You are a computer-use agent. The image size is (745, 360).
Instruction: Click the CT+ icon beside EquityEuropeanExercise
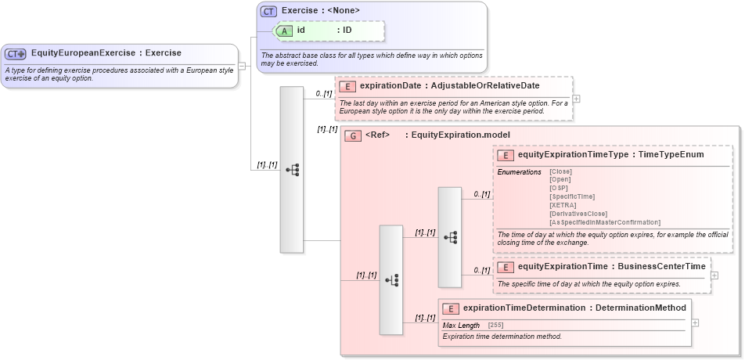click(x=16, y=54)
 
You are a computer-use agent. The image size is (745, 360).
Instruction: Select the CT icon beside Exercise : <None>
click(x=268, y=11)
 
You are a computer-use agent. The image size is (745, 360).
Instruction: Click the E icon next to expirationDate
click(x=347, y=86)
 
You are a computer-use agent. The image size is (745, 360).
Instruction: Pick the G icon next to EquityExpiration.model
click(x=353, y=135)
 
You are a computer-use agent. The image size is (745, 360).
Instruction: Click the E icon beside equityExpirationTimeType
click(x=506, y=155)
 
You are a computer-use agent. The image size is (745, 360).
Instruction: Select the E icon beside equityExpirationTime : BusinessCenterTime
click(x=506, y=267)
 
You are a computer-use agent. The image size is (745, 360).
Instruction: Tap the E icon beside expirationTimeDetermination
click(x=451, y=308)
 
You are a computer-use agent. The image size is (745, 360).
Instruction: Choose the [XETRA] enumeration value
click(x=563, y=205)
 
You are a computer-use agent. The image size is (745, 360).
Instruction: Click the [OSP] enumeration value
click(x=559, y=188)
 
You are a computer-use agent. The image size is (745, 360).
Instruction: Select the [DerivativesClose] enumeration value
click(x=578, y=214)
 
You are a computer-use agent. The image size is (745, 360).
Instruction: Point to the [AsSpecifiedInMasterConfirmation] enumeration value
click(x=605, y=222)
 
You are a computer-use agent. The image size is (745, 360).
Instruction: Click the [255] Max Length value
click(x=496, y=325)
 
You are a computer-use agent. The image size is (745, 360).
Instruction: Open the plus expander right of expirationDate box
click(x=577, y=99)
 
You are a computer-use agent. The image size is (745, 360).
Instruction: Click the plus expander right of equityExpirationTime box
click(x=714, y=275)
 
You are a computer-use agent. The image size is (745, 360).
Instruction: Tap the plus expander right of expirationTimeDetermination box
click(x=695, y=322)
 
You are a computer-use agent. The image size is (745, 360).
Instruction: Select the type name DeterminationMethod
click(x=641, y=308)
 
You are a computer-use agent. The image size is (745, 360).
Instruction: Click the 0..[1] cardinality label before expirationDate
click(x=324, y=94)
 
